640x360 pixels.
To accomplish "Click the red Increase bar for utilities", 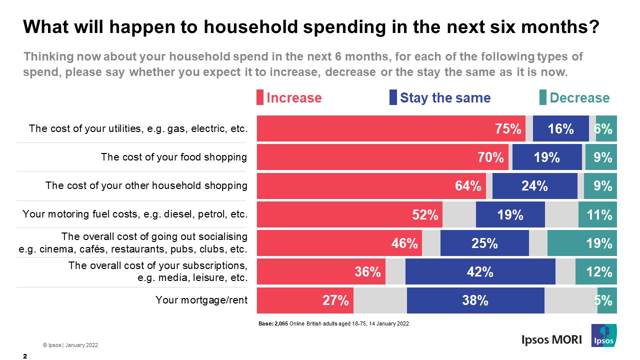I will coord(390,129).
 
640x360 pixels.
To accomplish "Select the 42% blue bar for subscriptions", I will coord(480,271).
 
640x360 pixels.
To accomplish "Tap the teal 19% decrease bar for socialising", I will coord(582,243).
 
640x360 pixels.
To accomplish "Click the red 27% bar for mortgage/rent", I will coord(305,300).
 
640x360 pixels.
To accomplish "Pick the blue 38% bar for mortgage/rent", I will coord(475,300).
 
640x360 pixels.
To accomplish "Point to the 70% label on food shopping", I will coord(491,158).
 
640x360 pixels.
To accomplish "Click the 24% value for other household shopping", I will coord(534,186).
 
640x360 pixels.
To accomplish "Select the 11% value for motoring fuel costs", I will coord(600,215).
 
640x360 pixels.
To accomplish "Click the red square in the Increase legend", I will coord(260,97).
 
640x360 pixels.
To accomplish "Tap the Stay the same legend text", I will coord(445,97).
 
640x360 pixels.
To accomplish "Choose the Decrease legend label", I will coord(579,97).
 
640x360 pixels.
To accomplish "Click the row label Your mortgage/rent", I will coord(201,300).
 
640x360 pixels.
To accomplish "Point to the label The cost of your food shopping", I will coord(174,157).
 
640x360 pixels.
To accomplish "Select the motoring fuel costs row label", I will coord(135,214).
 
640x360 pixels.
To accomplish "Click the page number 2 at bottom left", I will coord(25,355).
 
